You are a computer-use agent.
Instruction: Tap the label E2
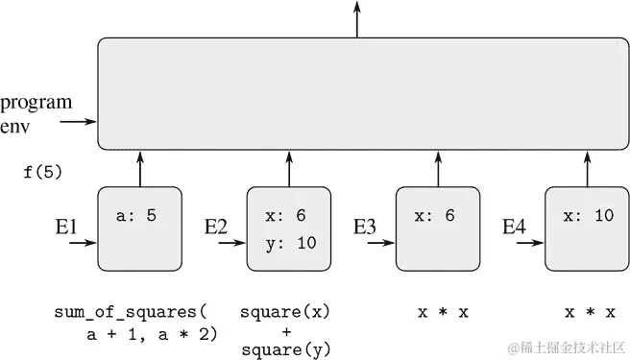tap(217, 228)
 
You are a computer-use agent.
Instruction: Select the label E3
tap(365, 228)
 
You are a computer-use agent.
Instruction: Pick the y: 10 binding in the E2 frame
tap(289, 243)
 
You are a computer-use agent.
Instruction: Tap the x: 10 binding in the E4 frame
tap(588, 216)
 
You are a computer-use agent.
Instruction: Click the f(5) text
tap(42, 172)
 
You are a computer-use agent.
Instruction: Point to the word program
tap(36, 103)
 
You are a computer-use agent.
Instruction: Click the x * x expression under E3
tap(443, 313)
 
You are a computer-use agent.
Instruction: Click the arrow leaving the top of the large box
tap(357, 19)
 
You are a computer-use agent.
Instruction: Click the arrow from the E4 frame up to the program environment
tap(587, 168)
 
